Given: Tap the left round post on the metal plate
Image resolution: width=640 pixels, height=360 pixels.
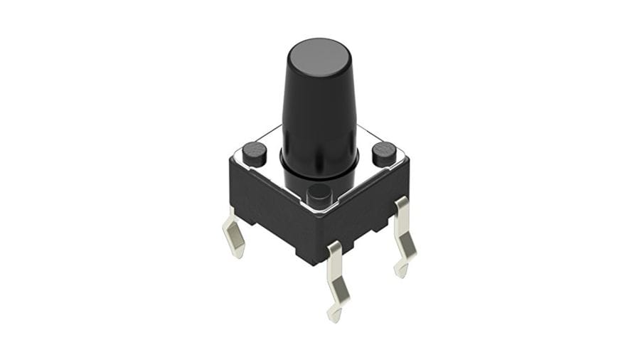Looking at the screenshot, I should tap(254, 152).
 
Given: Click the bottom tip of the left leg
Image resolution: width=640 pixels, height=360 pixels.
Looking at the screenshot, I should tap(240, 255).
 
